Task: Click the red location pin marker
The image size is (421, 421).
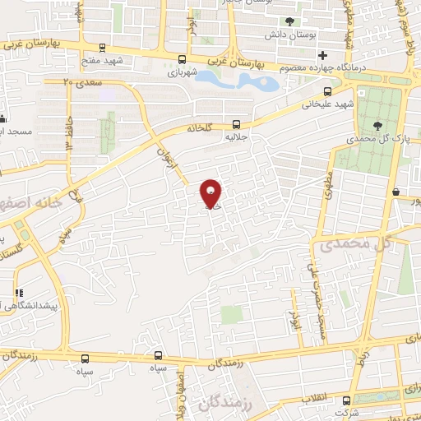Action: point(210,194)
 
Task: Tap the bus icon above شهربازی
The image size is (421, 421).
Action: point(181,58)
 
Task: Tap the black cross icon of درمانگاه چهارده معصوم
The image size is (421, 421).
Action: point(322,55)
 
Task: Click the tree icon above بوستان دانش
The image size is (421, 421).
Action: point(289,22)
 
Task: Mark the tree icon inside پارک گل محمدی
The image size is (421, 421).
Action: point(377,126)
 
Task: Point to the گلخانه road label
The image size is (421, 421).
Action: point(200,129)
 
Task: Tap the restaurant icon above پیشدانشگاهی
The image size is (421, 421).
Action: point(16,292)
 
